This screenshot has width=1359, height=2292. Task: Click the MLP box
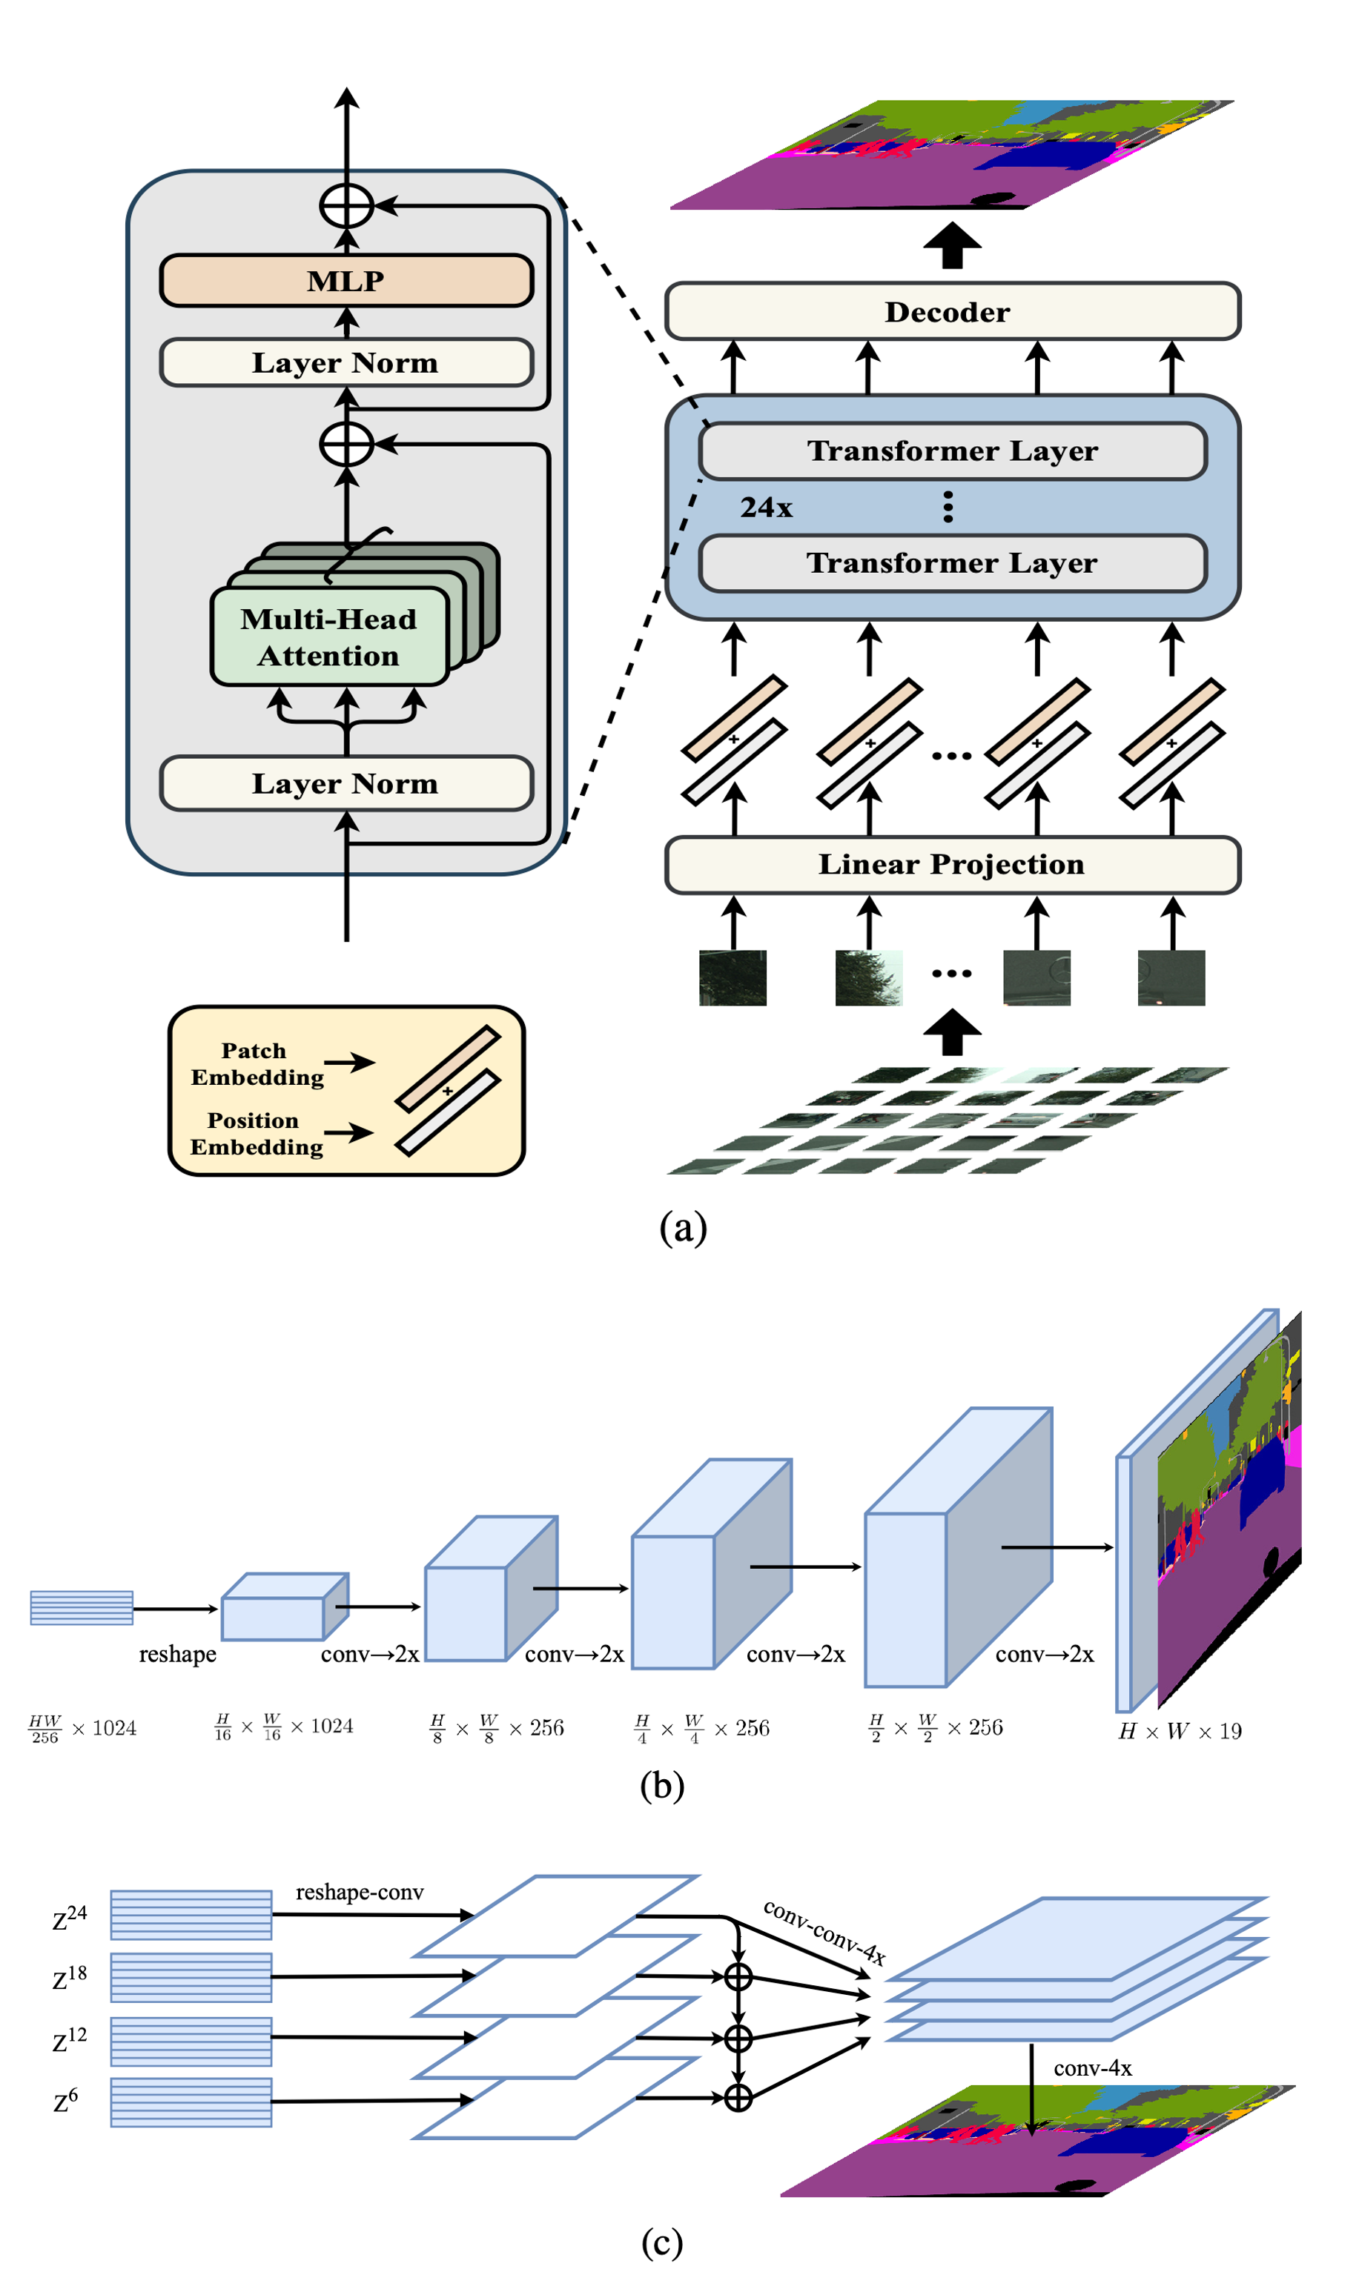[x=346, y=280]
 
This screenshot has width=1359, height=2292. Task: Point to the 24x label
[x=767, y=507]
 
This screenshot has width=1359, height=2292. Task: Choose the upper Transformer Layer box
[x=953, y=451]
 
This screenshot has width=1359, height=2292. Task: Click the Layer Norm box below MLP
[x=346, y=362]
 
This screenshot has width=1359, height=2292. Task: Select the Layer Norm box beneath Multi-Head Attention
[x=346, y=783]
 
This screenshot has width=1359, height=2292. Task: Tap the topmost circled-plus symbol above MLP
[x=346, y=205]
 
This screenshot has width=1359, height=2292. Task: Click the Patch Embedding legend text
[x=257, y=1063]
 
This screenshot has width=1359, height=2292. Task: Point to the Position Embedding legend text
[x=257, y=1133]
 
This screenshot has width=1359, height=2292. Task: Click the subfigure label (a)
[x=683, y=1227]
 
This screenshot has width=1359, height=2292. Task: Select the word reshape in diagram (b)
[x=178, y=1654]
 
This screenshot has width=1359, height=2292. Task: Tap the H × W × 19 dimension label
[x=1180, y=1731]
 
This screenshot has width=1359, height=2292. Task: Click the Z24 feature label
[x=70, y=1918]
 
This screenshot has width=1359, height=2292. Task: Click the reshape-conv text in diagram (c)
[x=360, y=1892]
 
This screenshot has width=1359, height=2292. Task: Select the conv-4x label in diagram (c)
[x=1093, y=2067]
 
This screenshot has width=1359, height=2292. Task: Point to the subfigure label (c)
[x=662, y=2242]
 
